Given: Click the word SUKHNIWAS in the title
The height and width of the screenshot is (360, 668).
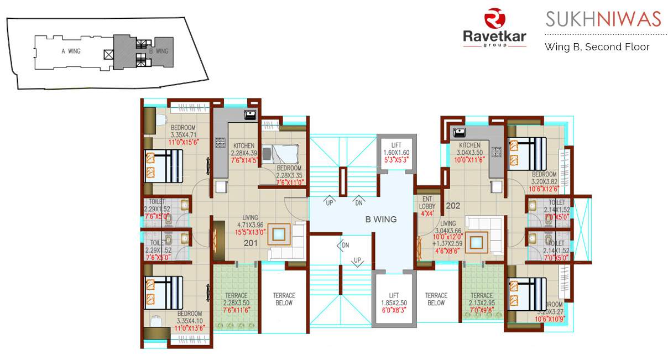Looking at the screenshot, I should tap(603, 19).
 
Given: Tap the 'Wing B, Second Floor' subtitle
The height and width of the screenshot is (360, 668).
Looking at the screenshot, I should tap(597, 46).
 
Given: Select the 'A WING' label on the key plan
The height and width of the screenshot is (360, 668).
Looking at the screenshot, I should tap(71, 51).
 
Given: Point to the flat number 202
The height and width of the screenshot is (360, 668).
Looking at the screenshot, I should tap(453, 206).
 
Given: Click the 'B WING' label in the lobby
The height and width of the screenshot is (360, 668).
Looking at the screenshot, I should tap(381, 219).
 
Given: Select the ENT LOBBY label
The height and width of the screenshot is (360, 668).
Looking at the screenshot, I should tap(427, 202).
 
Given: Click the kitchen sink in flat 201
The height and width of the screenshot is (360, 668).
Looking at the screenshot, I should tap(251, 115).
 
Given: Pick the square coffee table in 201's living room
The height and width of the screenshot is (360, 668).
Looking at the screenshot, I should tap(278, 234).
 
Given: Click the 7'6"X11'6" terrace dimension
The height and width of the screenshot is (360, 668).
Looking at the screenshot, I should tap(237, 310).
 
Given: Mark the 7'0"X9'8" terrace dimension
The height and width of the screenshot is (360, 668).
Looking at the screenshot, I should tap(482, 310).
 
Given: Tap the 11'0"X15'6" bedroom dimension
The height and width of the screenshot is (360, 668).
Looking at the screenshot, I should tap(184, 142).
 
